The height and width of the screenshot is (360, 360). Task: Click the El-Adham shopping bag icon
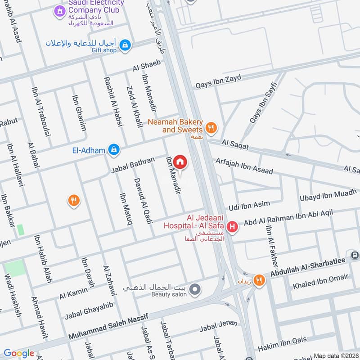[114, 149]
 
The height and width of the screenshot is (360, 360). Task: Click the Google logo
[18, 354]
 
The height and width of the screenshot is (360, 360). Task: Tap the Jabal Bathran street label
[133, 165]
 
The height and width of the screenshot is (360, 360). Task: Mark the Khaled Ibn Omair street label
[321, 281]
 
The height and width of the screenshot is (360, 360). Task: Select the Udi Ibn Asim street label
[249, 206]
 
